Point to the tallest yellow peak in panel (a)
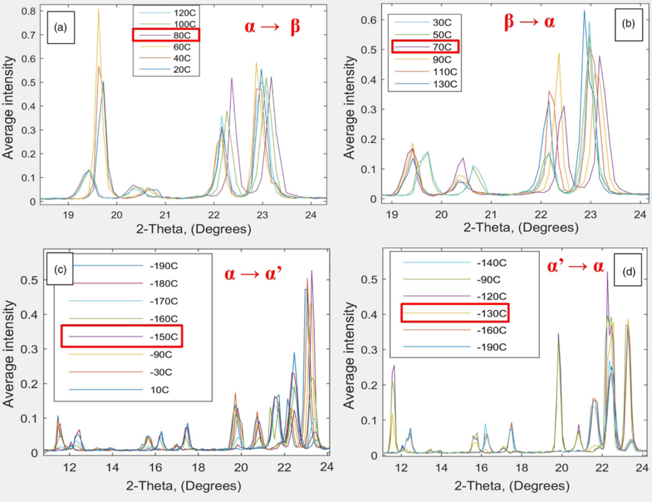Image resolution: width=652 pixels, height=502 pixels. point(99,10)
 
